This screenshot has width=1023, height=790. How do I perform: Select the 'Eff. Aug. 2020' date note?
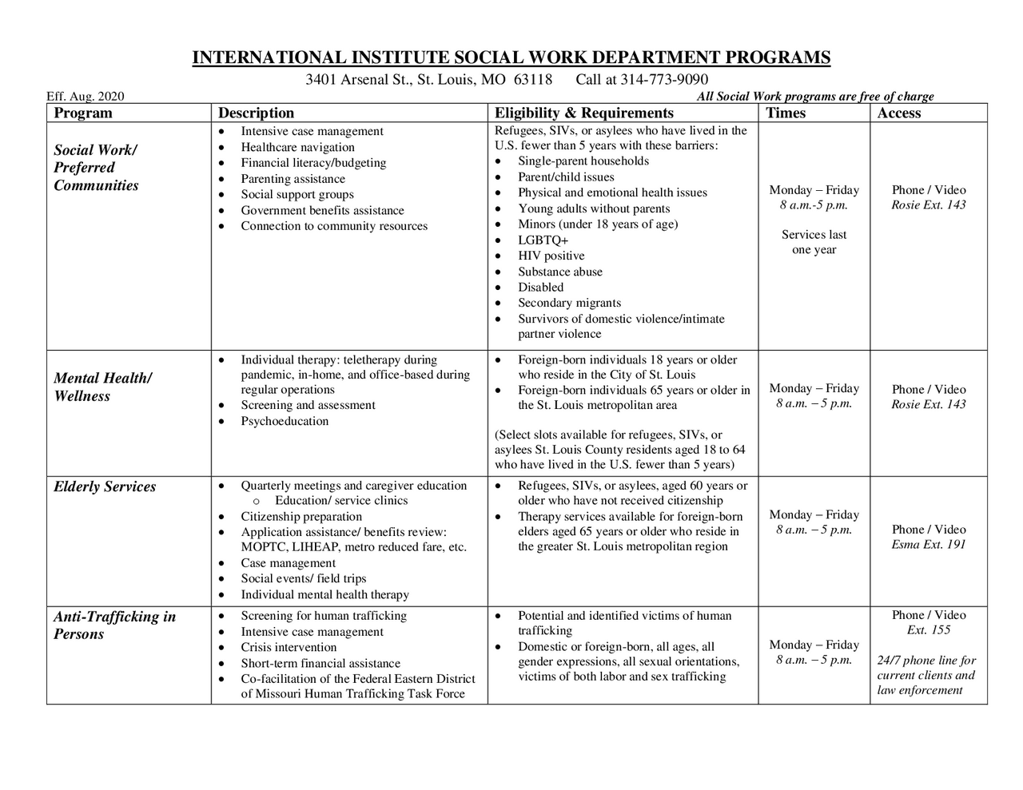(x=86, y=97)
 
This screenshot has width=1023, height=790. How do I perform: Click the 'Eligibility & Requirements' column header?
(x=583, y=113)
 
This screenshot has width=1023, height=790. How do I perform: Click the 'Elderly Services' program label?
(x=105, y=487)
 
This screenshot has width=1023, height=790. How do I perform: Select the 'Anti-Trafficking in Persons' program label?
(x=114, y=625)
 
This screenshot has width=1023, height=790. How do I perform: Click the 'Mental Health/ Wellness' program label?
(x=102, y=387)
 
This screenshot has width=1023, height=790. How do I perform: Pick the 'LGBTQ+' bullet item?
(x=543, y=240)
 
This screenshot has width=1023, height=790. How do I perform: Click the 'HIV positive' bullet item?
(x=551, y=256)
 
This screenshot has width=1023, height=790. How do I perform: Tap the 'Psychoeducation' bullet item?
(x=285, y=421)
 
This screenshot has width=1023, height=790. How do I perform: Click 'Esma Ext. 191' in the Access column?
(x=928, y=545)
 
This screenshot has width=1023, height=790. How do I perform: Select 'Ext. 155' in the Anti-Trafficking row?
(x=928, y=630)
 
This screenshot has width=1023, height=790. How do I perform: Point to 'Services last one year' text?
(x=814, y=242)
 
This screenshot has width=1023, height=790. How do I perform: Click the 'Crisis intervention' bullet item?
(x=289, y=648)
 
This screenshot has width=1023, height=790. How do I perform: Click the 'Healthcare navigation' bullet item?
(x=297, y=147)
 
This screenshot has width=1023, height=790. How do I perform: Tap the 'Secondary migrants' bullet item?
(x=569, y=304)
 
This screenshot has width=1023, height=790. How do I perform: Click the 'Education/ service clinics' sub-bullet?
(x=341, y=501)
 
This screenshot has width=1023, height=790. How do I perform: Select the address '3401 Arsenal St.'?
(x=359, y=80)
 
